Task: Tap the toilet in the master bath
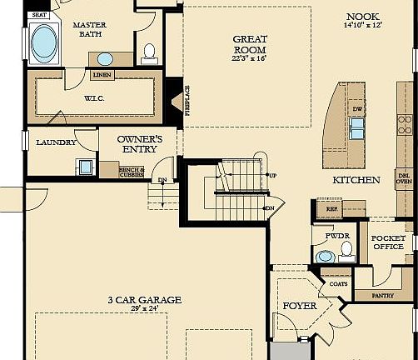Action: click(x=150, y=52)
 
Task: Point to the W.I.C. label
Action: click(x=93, y=98)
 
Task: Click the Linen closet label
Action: click(x=102, y=75)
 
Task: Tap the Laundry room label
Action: click(x=56, y=142)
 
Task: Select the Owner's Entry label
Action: click(x=139, y=143)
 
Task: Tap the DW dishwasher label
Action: click(x=358, y=109)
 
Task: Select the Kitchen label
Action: click(x=356, y=180)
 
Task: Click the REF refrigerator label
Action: click(x=331, y=209)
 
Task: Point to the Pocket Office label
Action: click(x=387, y=242)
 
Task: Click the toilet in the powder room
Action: click(x=324, y=256)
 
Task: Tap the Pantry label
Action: click(x=384, y=295)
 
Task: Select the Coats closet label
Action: click(x=338, y=284)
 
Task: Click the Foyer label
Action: click(x=300, y=307)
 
